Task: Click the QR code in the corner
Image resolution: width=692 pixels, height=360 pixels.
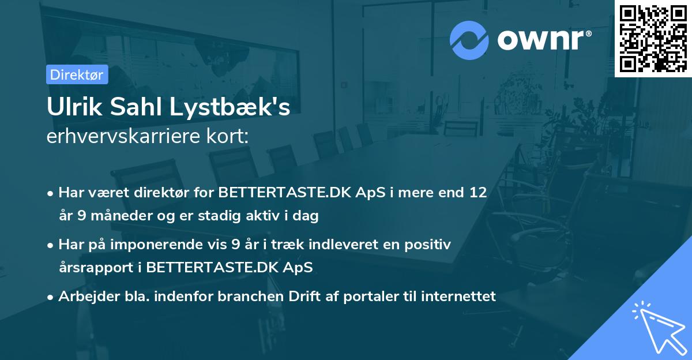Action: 653,38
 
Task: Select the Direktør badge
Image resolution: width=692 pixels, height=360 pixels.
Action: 77,74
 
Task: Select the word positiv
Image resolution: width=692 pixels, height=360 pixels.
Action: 430,245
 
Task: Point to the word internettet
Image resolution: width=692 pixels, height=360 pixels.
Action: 459,297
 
